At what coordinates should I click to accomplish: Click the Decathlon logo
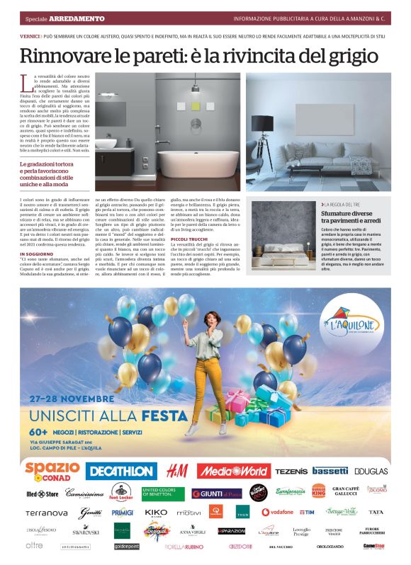(121, 471)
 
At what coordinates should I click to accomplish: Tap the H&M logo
(176, 471)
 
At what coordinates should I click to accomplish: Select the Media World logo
(233, 471)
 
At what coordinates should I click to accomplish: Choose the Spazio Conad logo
(52, 470)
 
